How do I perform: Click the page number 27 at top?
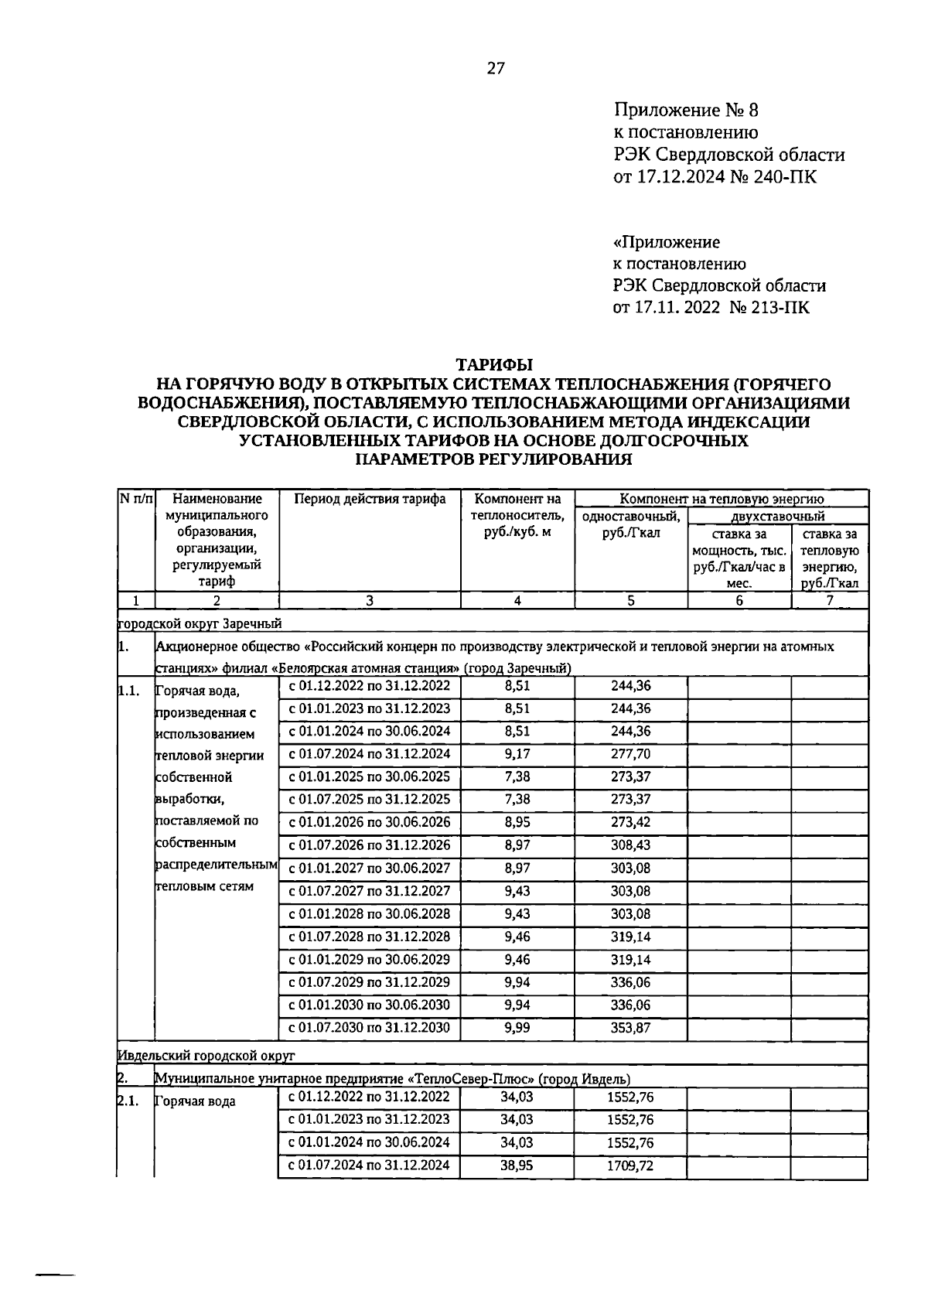click(496, 69)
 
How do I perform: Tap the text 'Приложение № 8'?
click(686, 110)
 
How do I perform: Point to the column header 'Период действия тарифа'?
click(370, 499)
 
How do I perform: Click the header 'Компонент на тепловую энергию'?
click(722, 499)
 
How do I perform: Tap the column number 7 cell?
click(829, 600)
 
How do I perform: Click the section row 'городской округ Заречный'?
click(200, 623)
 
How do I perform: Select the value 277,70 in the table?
click(630, 754)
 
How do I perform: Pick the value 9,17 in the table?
click(517, 754)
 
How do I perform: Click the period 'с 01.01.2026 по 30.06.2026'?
click(369, 822)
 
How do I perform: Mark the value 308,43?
click(630, 845)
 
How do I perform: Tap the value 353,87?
click(630, 1029)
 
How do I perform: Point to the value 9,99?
click(517, 1029)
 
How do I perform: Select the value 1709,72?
click(630, 1166)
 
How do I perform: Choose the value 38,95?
click(517, 1166)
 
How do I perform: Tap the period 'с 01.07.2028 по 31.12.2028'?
click(369, 937)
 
